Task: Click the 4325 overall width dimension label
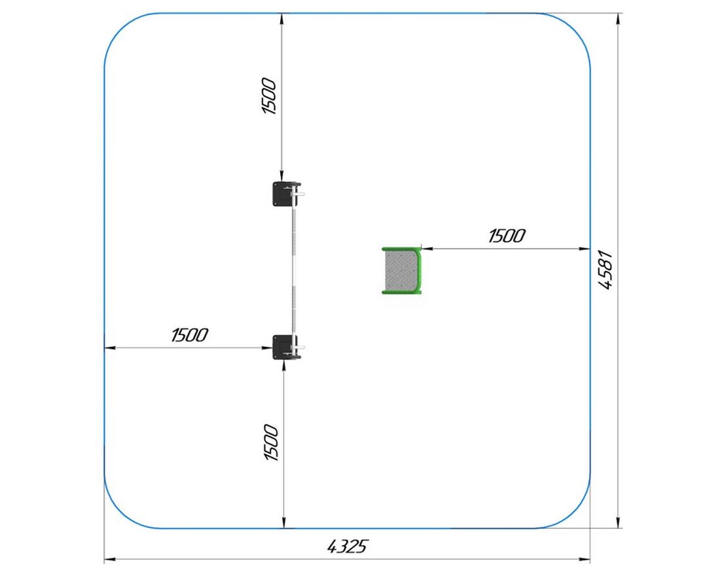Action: pos(348,546)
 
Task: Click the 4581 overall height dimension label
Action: pos(605,270)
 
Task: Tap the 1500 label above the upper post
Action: pos(268,96)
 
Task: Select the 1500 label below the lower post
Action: pos(271,442)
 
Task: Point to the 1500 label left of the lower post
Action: pos(189,335)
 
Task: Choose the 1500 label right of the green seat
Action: pos(507,236)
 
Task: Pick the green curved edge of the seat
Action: pos(419,270)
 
